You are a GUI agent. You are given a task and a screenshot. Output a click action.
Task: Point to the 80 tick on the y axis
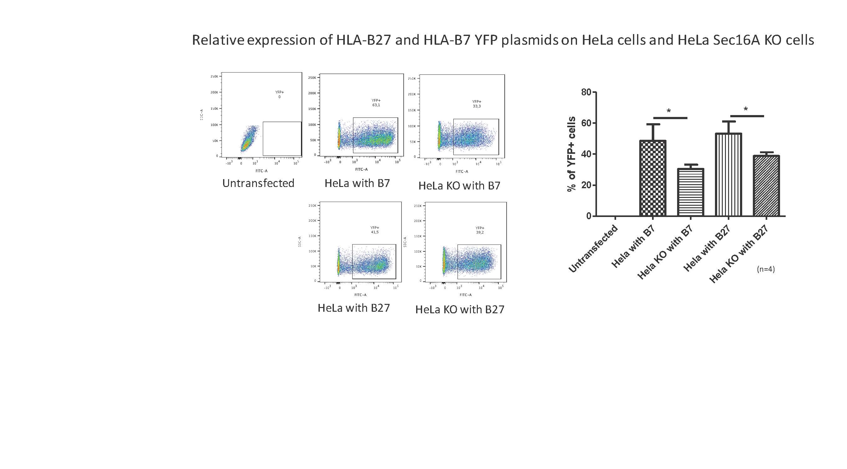pos(586,92)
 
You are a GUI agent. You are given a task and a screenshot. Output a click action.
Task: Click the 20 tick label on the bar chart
pos(586,185)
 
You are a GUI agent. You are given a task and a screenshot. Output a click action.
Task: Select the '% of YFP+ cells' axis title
pos(571,154)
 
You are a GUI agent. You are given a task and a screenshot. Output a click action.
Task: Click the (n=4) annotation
pos(766,269)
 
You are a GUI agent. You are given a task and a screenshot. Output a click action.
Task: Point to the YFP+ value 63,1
pos(376,105)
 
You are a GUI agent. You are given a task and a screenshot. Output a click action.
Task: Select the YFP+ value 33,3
pos(477,107)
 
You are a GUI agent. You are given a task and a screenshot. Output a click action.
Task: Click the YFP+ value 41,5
pos(375,232)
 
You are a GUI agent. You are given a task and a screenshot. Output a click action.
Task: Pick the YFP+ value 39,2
pos(480,232)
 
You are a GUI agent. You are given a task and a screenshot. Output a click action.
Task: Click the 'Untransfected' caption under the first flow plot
pos(258,183)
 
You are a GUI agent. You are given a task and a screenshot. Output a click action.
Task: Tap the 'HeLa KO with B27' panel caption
pos(460,310)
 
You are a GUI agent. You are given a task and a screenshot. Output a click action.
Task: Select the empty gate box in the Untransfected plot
pos(282,139)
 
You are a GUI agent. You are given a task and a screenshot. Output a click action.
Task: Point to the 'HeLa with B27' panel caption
pos(354,308)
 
